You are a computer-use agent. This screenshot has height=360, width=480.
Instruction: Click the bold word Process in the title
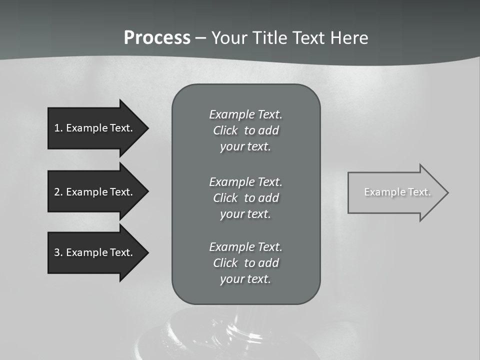tap(157, 38)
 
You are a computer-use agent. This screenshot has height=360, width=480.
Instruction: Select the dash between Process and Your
tap(200, 38)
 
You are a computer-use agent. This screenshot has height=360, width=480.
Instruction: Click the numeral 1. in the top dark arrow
tap(58, 128)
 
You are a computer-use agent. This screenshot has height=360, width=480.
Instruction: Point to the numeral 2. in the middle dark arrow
tap(58, 192)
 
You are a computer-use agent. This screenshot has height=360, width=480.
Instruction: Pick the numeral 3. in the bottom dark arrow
tap(58, 252)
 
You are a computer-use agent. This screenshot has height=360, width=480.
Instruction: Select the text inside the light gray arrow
tap(397, 192)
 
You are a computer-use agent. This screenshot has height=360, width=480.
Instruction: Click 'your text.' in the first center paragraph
tap(245, 147)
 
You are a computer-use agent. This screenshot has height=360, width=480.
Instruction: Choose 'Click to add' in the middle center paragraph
tap(245, 198)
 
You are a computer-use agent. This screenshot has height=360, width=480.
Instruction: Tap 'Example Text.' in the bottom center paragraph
tap(245, 247)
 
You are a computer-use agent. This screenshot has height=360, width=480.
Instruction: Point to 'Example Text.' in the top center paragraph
tap(245, 114)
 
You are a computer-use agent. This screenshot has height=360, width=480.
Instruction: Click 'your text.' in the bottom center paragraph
tap(245, 279)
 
